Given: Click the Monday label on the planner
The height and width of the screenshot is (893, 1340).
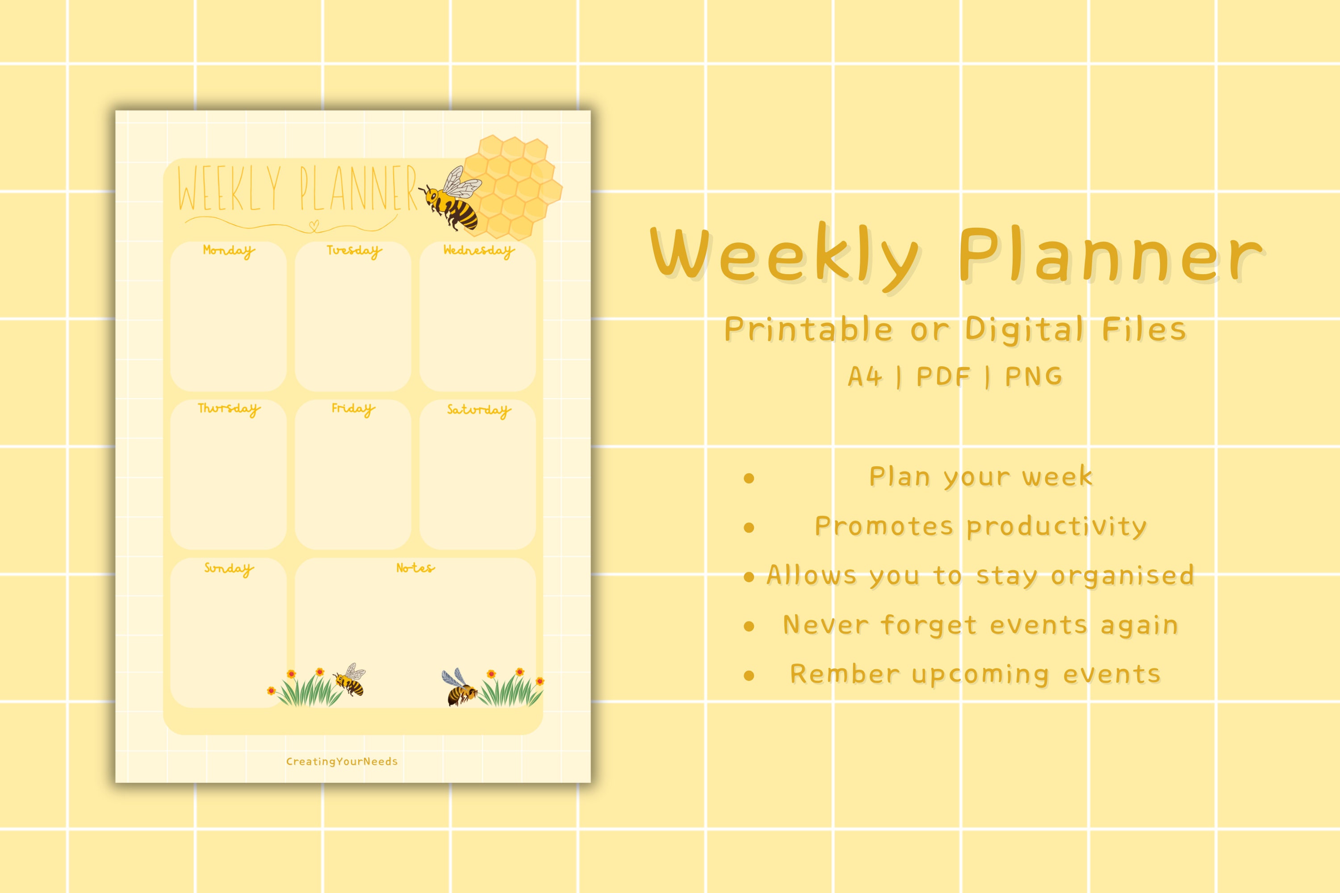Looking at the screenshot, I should pyautogui.click(x=228, y=250).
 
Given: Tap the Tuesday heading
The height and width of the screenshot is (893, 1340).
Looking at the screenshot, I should pyautogui.click(x=354, y=250).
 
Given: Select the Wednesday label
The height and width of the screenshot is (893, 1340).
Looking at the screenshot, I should pyautogui.click(x=478, y=250).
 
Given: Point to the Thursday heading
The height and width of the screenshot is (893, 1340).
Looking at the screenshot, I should pyautogui.click(x=228, y=409).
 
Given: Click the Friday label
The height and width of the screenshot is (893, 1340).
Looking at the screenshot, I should pyautogui.click(x=353, y=409).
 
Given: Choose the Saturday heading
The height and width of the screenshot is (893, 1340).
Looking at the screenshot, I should pyautogui.click(x=478, y=410).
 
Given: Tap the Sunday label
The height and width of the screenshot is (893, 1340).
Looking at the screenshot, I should pyautogui.click(x=228, y=568).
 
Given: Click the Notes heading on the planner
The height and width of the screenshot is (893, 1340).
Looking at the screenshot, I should pyautogui.click(x=415, y=568).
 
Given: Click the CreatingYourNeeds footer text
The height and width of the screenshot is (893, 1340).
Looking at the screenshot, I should pyautogui.click(x=342, y=761).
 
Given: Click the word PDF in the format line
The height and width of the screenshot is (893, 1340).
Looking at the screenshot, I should pyautogui.click(x=943, y=376).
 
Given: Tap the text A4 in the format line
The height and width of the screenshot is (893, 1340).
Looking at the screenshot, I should pyautogui.click(x=865, y=376).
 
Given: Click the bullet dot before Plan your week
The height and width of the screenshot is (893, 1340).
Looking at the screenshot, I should pyautogui.click(x=749, y=478).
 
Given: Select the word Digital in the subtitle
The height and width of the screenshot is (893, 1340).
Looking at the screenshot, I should pyautogui.click(x=1024, y=330).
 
